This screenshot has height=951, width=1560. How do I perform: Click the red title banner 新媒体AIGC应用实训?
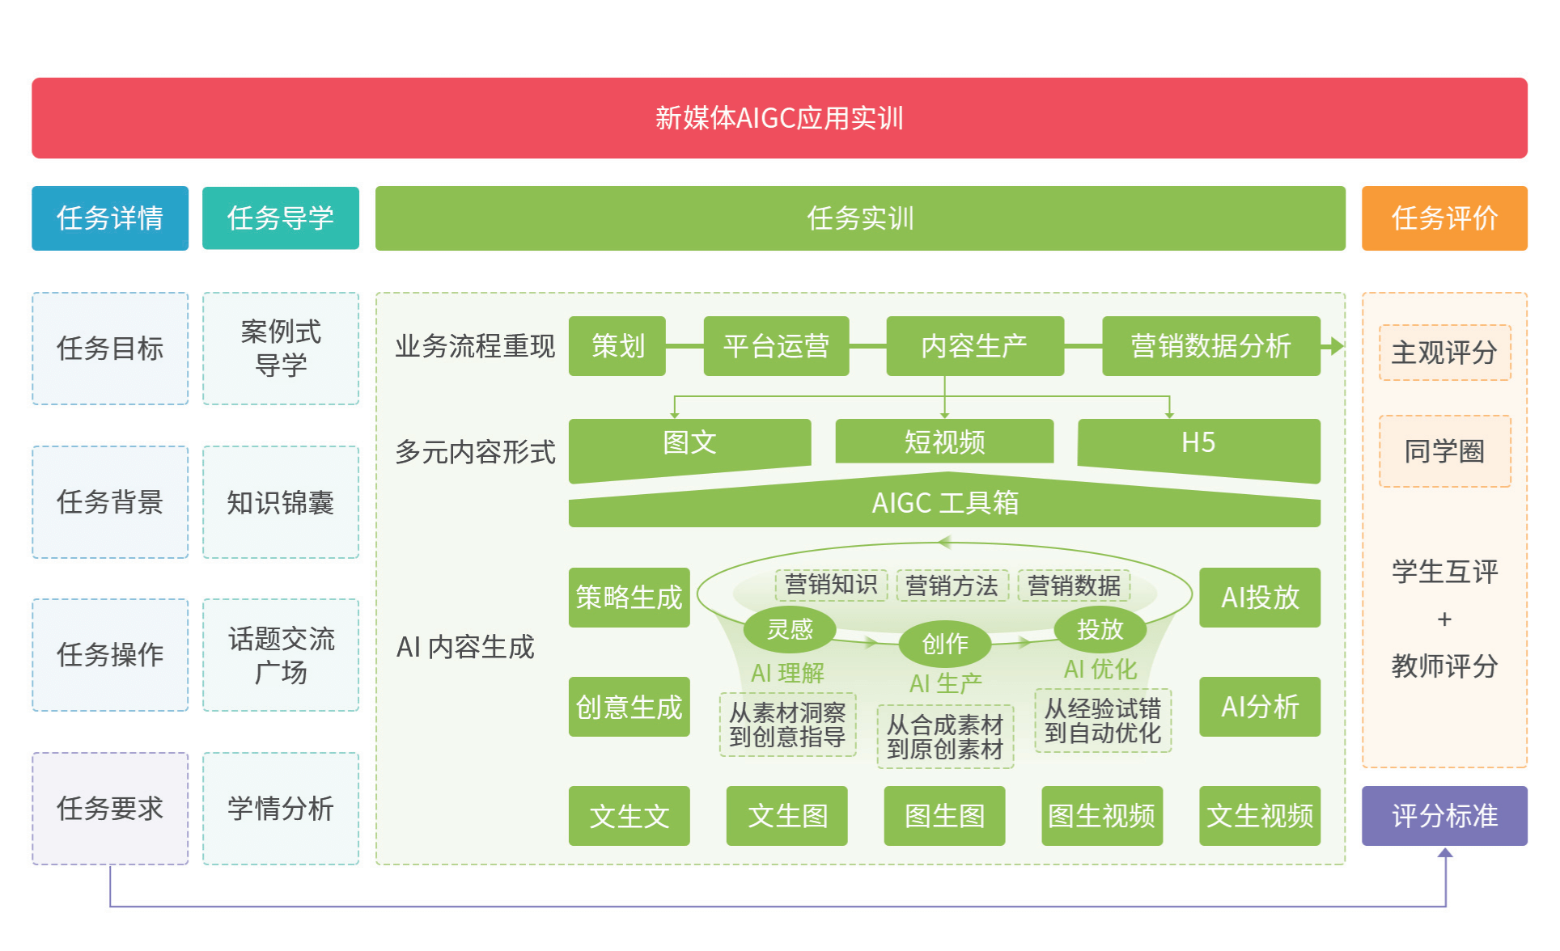pyautogui.click(x=779, y=118)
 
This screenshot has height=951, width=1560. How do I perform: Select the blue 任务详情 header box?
pyautogui.click(x=110, y=218)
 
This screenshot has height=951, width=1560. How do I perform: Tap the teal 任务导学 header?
pyautogui.click(x=280, y=218)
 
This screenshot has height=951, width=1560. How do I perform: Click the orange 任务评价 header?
pyautogui.click(x=1444, y=218)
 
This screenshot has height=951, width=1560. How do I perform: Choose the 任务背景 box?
pyautogui.click(x=110, y=502)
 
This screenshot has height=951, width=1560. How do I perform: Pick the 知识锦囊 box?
pyautogui.click(x=280, y=502)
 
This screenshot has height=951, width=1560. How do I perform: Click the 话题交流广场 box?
pyautogui.click(x=280, y=655)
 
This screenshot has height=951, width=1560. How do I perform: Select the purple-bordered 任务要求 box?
pyautogui.click(x=110, y=808)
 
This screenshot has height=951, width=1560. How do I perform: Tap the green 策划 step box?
pyautogui.click(x=617, y=346)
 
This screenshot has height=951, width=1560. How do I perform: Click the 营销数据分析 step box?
pyautogui.click(x=1210, y=346)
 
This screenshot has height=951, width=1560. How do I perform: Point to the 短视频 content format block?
pyautogui.click(x=944, y=442)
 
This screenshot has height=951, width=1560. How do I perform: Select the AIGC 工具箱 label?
pyautogui.click(x=944, y=503)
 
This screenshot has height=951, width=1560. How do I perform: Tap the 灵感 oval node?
pyautogui.click(x=790, y=629)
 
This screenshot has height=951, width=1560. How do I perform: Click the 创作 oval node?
pyautogui.click(x=944, y=644)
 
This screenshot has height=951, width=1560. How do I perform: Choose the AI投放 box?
pyautogui.click(x=1260, y=598)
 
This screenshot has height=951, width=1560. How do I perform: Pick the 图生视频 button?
pyautogui.click(x=1101, y=816)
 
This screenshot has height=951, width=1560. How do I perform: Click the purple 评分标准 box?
pyautogui.click(x=1444, y=816)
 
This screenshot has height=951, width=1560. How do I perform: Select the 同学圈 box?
pyautogui.click(x=1444, y=451)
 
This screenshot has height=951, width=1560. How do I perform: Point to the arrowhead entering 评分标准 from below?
pyautogui.click(x=1445, y=852)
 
